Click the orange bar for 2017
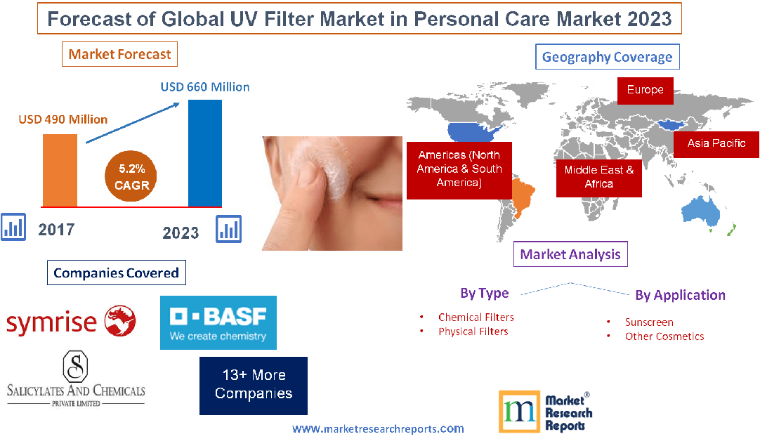coord(60,170)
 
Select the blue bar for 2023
coord(205,153)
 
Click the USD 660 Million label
coord(205,87)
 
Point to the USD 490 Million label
coord(63,119)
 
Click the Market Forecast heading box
coord(119,54)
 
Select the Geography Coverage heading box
coord(607,57)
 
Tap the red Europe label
coord(645,90)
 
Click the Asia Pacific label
coord(716,143)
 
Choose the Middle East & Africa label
coord(598,177)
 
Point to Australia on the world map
coord(703,209)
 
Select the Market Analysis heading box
coord(570,254)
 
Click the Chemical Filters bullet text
coord(476,317)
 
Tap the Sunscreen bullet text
coord(649,322)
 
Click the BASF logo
coord(218,322)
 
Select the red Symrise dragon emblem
coord(119,321)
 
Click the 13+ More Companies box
coord(254,384)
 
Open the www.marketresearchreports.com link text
coord(378,428)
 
